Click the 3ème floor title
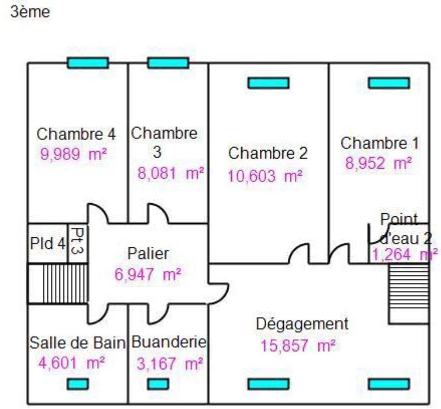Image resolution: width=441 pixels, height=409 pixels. pos(29,12)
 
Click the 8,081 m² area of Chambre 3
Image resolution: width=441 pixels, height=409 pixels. pos(171,173)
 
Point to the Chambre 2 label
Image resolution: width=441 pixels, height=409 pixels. pos(268,154)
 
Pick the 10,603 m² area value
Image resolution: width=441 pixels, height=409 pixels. pos(265,176)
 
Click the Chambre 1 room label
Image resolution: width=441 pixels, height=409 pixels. pos(380,143)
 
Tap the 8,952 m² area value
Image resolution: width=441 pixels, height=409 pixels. pos(378,164)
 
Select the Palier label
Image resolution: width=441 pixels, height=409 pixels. pos(148,253)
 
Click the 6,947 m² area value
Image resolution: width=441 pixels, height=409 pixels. pos(148,275)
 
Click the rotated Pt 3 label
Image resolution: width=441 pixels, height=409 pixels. pos(78,243)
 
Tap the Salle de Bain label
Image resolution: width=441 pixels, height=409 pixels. pos(78,343)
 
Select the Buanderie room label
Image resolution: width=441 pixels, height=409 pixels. pos(169,342)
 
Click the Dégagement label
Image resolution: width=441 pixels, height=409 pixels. pos(302,324)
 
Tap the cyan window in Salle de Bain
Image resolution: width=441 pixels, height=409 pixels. pos(78,384)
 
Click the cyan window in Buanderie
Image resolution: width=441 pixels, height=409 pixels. pos(158,384)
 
